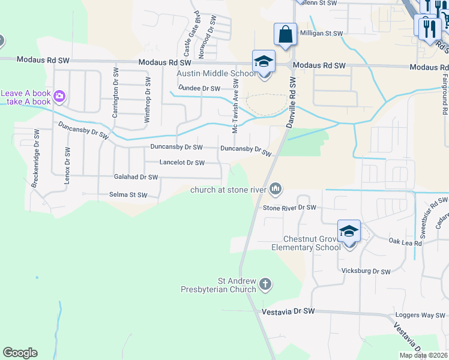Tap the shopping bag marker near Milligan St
[285, 35]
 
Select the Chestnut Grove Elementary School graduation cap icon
[349, 232]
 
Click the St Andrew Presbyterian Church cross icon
[265, 283]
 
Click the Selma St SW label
[128, 194]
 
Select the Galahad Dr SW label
[136, 177]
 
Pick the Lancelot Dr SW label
[182, 163]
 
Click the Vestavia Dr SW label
[289, 311]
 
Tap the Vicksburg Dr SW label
[366, 271]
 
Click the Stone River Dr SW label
[289, 208]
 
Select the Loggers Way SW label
[420, 314]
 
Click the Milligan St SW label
[321, 34]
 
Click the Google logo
[20, 353]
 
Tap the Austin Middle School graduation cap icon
[264, 62]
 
